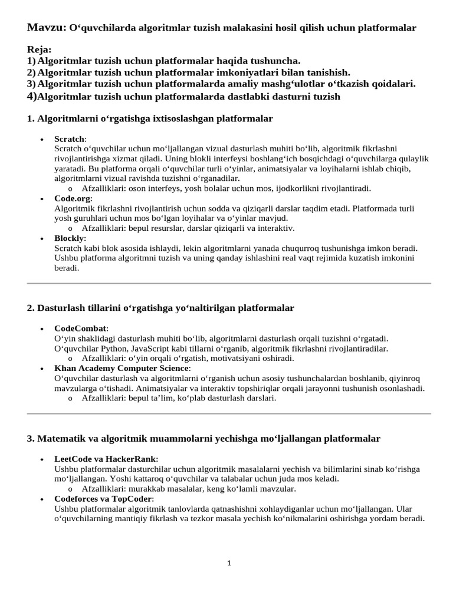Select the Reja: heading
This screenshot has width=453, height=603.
point(39,50)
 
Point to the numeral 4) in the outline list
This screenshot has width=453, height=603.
point(32,96)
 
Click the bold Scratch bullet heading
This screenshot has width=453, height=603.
point(70,138)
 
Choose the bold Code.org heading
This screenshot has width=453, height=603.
point(73,198)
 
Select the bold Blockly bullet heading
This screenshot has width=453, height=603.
point(70,238)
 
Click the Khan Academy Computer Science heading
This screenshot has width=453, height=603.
point(122,368)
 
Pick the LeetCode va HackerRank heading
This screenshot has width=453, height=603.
point(106,459)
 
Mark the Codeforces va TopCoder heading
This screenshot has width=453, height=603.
point(103,499)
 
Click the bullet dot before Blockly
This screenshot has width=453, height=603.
point(41,239)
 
